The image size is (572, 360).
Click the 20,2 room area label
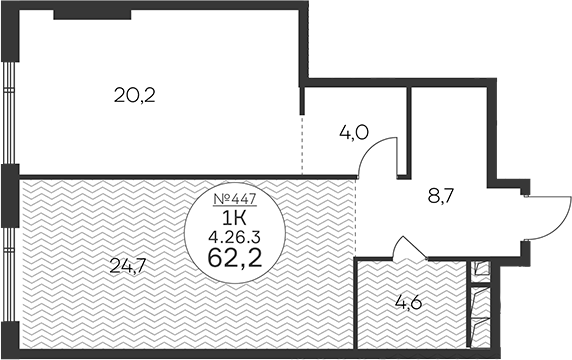coord(135,96)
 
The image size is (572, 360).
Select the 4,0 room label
coord(354,132)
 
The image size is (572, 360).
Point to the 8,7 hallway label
coord(440,197)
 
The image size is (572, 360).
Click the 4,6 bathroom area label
coord(409,302)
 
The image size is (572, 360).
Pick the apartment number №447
coord(235,199)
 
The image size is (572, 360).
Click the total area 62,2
coord(235,258)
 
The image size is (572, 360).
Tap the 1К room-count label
coord(234,219)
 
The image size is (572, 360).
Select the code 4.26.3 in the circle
coord(234,238)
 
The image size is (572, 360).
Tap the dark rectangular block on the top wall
coord(92,15)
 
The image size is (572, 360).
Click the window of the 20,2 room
coord(10,113)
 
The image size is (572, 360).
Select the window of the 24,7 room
coord(10,274)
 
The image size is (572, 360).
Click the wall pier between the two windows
coord(10,196)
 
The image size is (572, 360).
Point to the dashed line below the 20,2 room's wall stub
coord(302,145)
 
